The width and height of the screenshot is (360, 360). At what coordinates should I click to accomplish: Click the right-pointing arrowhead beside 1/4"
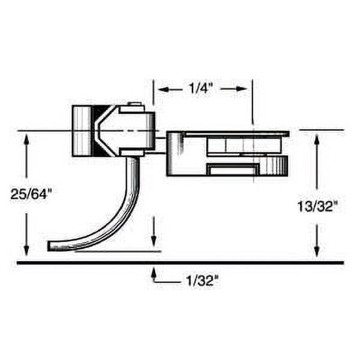pos(244,89)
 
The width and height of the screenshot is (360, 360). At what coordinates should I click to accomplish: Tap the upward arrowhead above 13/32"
pos(317,139)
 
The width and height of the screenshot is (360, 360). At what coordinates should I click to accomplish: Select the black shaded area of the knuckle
pos(97,131)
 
